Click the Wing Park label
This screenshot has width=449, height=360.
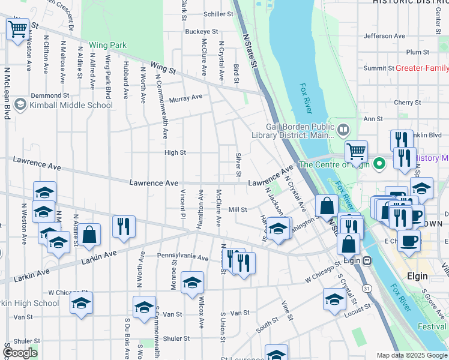(108, 45)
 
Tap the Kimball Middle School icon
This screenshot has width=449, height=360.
(20, 105)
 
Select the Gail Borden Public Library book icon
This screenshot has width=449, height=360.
(343, 129)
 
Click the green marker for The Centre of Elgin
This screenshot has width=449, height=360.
(379, 163)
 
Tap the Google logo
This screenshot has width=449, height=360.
(20, 353)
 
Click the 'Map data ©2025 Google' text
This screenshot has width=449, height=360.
(411, 355)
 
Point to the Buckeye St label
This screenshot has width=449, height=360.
(201, 31)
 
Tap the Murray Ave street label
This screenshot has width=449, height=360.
(185, 98)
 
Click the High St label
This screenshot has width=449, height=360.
(175, 153)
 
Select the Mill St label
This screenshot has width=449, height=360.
(238, 209)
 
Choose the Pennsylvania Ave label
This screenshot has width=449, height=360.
(182, 256)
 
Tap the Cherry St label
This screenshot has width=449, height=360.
(407, 103)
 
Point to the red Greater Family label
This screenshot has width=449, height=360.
(421, 68)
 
